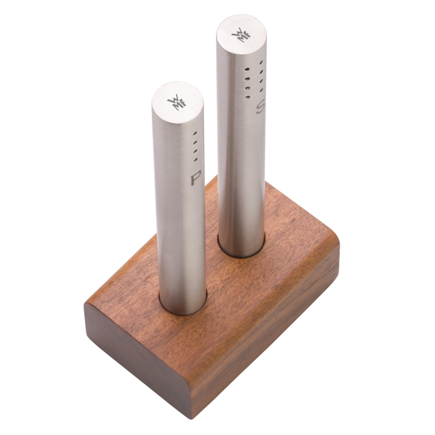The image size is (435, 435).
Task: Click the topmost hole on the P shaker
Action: tap(195, 134)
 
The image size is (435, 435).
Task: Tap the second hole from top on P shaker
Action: tap(195, 142)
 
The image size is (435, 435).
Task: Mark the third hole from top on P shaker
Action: tap(195, 151)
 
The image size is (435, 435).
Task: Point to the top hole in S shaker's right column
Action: tap(261, 62)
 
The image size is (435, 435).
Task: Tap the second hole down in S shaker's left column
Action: tap(247, 78)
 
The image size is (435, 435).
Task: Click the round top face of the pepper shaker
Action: tap(177, 101)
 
